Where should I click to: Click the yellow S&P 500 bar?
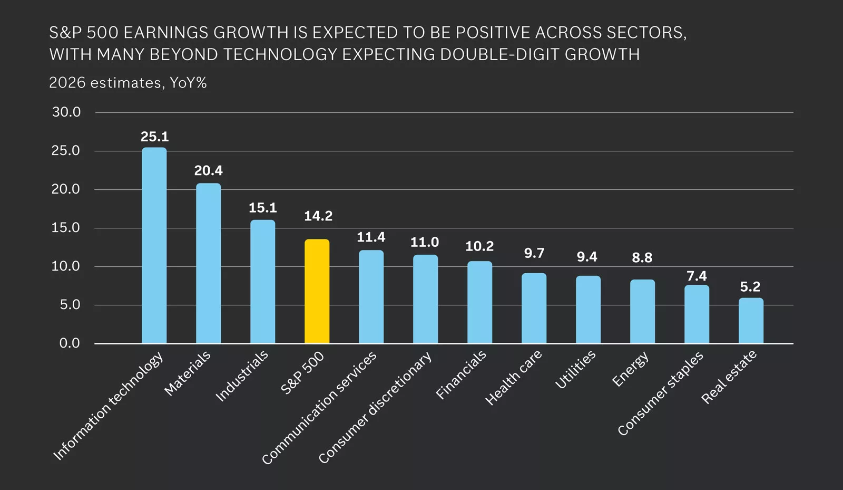point(317,291)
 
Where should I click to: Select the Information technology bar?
point(154,245)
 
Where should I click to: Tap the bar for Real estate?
point(750,321)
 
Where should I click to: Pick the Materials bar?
point(208,263)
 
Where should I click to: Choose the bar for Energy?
point(642,311)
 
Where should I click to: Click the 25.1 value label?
point(154,137)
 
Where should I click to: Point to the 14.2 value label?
point(318,216)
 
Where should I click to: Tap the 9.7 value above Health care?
point(534,253)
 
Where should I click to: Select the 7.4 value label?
point(697,276)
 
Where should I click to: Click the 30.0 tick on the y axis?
point(66,112)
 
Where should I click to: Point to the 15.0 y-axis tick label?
point(66,228)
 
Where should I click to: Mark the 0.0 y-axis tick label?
point(70,343)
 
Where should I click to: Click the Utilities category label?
point(575,370)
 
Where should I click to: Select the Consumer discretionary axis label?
point(375,408)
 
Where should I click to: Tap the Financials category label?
point(461,375)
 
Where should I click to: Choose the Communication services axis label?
point(319,408)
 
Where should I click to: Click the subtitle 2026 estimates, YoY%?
point(128,83)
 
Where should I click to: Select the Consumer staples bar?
point(697,314)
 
